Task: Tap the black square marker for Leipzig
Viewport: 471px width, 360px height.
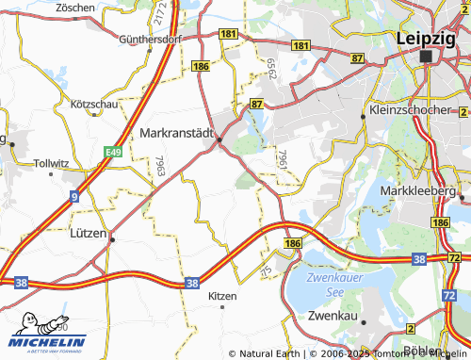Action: [427, 57]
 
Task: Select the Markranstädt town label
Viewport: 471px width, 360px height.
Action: [177, 134]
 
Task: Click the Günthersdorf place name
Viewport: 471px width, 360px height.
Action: [151, 41]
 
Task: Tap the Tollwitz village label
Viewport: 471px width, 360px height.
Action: [51, 163]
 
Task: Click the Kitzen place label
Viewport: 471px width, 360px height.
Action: [222, 296]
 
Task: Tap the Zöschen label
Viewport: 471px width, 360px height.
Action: [75, 7]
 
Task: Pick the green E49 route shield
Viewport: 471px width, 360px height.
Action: [114, 151]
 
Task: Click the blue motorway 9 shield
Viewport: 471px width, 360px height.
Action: [73, 196]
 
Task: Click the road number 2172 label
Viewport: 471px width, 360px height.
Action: [161, 13]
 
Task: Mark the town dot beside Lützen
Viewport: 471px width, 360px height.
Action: [112, 239]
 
